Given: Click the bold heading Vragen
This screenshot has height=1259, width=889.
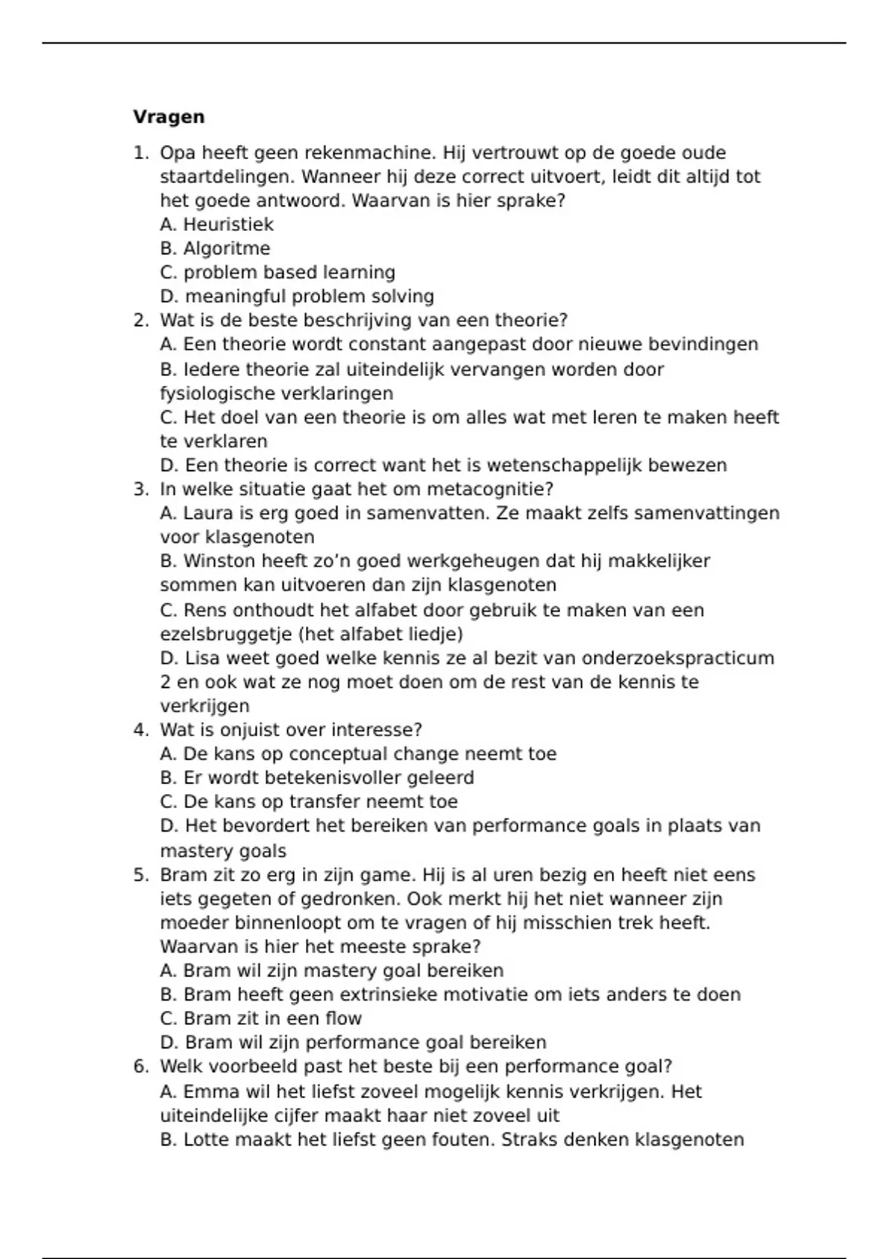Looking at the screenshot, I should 169,117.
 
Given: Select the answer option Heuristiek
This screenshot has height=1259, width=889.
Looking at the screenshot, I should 228,224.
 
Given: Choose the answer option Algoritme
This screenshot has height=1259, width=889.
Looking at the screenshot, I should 227,248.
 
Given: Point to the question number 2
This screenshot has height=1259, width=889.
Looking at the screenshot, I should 141,320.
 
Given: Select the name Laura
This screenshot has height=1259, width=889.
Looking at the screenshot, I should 207,512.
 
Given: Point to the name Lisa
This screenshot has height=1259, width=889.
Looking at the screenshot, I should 200,658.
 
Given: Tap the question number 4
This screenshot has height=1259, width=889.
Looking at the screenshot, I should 141,729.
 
